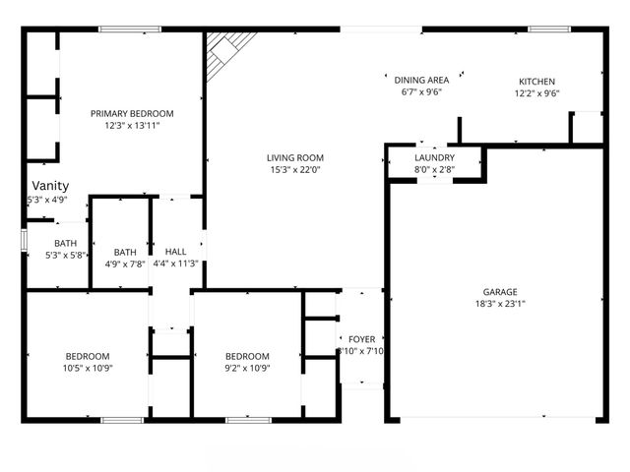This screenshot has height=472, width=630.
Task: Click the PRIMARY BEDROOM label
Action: [x=132, y=113]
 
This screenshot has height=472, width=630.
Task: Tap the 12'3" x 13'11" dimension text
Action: [x=132, y=126]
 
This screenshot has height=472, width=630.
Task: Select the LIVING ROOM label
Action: [x=294, y=157]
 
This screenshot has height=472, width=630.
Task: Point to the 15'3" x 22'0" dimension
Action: [x=294, y=170]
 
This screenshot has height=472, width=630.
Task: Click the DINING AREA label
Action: [x=421, y=80]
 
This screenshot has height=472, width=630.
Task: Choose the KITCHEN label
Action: [x=537, y=82]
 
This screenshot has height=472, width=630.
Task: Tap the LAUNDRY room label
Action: [x=434, y=157]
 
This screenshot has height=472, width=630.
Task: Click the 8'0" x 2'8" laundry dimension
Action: [x=434, y=169]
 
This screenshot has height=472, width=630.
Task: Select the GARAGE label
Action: [x=500, y=292]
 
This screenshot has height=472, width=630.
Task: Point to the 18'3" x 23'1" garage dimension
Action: [x=500, y=305]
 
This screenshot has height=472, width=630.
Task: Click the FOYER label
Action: [x=361, y=339]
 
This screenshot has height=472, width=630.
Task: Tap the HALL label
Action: [x=176, y=251]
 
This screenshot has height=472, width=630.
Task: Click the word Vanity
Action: [x=50, y=186]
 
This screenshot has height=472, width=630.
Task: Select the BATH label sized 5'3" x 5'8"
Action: [x=65, y=243]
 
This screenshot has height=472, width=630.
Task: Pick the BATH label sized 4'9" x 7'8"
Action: [x=125, y=251]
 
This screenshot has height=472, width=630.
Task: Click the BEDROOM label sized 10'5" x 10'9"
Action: [x=88, y=356]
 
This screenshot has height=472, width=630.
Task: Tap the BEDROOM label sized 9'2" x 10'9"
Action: [x=247, y=356]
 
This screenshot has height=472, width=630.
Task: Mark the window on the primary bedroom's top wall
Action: [x=130, y=29]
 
